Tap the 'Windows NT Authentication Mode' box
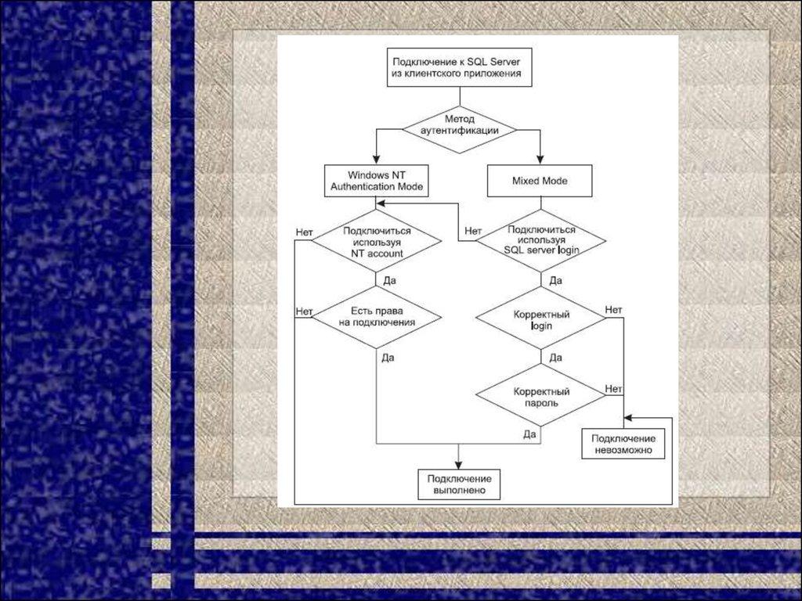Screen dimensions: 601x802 (377, 181)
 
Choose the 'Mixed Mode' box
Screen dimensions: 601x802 (540, 181)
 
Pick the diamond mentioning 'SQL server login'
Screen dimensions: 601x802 (541, 239)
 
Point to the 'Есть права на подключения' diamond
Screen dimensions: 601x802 (377, 316)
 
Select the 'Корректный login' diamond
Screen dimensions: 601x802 (541, 319)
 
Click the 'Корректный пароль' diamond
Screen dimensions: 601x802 (541, 397)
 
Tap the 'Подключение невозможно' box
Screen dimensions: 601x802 (623, 444)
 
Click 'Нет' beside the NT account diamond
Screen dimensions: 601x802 (305, 232)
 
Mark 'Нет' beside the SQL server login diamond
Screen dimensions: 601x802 (472, 231)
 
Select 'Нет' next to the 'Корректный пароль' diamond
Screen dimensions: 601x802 (613, 388)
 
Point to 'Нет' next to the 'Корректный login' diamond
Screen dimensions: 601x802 (613, 311)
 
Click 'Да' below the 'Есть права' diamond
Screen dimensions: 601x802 (388, 358)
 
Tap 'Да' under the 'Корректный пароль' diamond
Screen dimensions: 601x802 (529, 433)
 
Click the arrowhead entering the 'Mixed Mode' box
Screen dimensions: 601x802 (540, 160)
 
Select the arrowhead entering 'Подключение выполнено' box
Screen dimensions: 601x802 (459, 464)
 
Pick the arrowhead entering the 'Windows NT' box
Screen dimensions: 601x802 (377, 160)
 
